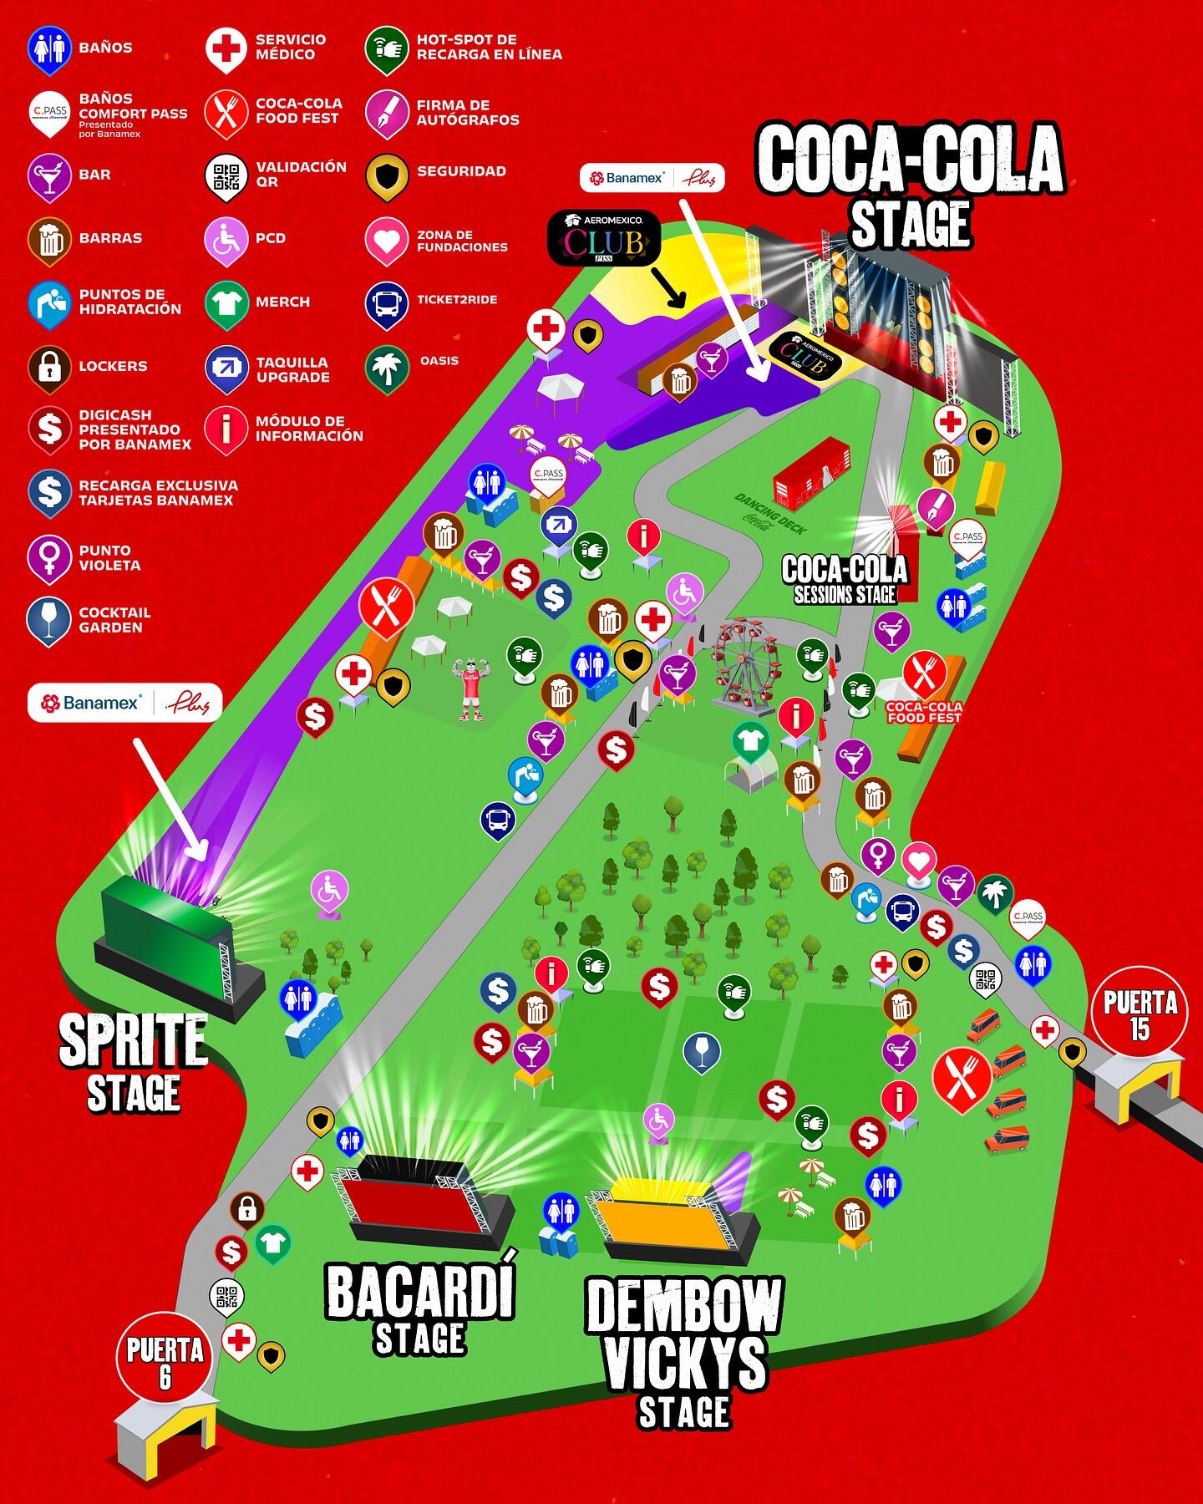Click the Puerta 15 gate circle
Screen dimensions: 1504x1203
(1140, 1014)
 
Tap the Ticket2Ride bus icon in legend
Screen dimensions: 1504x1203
(387, 302)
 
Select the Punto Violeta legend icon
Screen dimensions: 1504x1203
(49, 557)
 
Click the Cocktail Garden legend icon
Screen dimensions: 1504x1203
(49, 620)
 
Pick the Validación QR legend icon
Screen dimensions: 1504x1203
(226, 175)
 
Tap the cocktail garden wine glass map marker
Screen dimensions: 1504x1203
(702, 1051)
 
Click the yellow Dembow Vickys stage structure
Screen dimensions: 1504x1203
(668, 1216)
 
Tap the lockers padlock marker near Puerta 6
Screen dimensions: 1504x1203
(246, 1208)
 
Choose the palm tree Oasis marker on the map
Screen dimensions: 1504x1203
(995, 892)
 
